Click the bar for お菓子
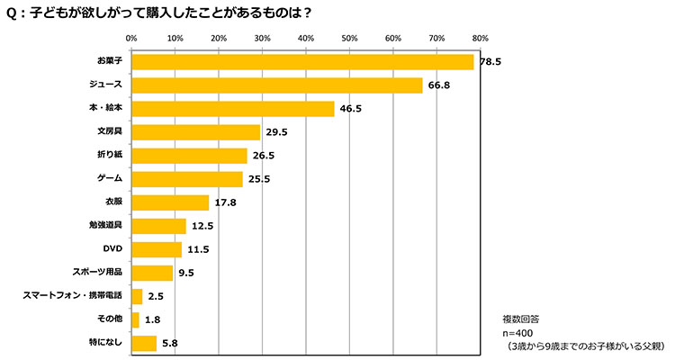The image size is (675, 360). click(x=302, y=62)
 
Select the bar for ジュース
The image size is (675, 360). click(x=276, y=85)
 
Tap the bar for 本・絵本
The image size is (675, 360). click(x=232, y=109)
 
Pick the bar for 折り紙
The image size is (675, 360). click(x=189, y=156)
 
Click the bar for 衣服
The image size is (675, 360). click(x=170, y=202)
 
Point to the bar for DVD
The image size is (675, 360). click(x=157, y=249)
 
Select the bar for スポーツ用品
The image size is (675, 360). click(x=152, y=273)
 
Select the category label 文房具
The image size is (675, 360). click(x=109, y=132)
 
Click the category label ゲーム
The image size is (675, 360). click(x=110, y=179)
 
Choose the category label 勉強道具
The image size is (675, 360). click(x=105, y=226)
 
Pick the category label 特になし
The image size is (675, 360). click(x=106, y=343)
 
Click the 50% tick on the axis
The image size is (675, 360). click(x=349, y=39)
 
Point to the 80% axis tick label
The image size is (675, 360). click(x=480, y=39)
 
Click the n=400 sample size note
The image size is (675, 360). click(x=521, y=332)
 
